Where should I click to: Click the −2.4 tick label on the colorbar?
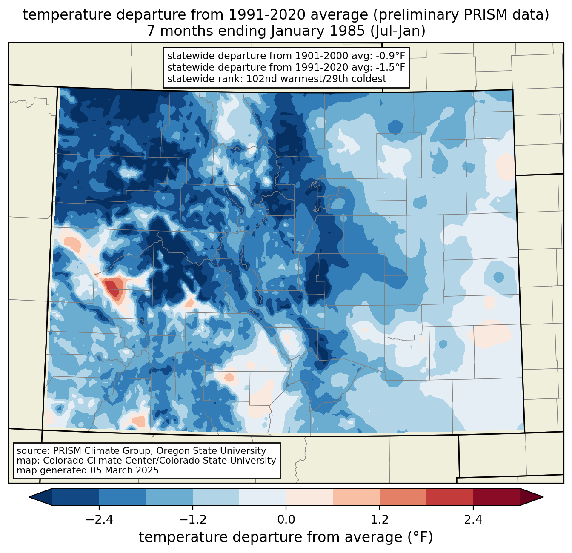point(99,520)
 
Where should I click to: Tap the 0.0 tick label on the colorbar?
point(286,520)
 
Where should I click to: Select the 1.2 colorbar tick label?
point(380,520)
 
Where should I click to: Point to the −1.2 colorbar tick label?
point(193,520)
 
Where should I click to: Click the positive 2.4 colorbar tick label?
point(473,520)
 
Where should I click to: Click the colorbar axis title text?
point(286,537)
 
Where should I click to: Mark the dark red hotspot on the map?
point(112,287)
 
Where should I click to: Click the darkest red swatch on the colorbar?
point(496,497)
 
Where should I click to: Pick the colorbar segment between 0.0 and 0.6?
point(309,497)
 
